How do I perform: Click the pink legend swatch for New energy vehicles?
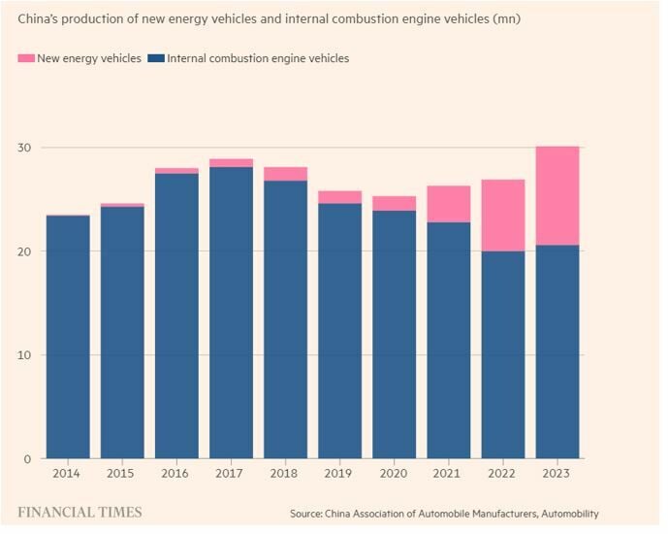25,59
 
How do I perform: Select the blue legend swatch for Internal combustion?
155,59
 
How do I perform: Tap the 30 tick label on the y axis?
23,148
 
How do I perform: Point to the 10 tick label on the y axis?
23,355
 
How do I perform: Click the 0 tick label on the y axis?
27,458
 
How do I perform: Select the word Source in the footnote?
307,513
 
